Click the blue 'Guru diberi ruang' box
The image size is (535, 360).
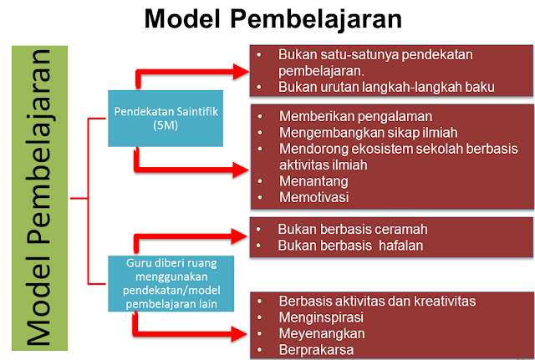tap(170, 283)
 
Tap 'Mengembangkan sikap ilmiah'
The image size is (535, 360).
tap(358, 133)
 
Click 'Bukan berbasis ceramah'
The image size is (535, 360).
tap(347, 228)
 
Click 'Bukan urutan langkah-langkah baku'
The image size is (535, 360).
tap(388, 86)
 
